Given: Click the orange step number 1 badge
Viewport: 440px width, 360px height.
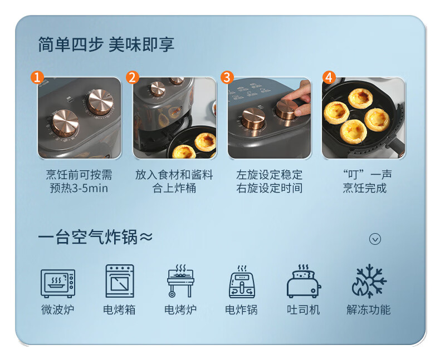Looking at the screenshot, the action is pyautogui.click(x=37, y=77).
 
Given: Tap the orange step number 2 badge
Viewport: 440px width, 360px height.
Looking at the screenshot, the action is pyautogui.click(x=133, y=77).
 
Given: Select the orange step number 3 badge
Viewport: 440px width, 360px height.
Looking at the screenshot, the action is pyautogui.click(x=227, y=77).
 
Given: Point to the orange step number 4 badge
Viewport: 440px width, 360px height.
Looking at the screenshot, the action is pyautogui.click(x=329, y=77).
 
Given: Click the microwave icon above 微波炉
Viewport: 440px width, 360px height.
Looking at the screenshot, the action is pyautogui.click(x=58, y=283).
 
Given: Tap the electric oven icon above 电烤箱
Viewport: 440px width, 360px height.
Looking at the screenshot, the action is pyautogui.click(x=120, y=281).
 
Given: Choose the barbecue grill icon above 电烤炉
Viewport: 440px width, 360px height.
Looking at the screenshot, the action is pyautogui.click(x=180, y=280).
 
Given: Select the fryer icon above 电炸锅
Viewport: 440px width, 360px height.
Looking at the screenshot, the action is pyautogui.click(x=242, y=282).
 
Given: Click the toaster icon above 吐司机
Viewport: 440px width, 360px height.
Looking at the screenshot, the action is pyautogui.click(x=304, y=281).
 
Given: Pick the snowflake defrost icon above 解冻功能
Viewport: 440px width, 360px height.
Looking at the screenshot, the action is pyautogui.click(x=369, y=281).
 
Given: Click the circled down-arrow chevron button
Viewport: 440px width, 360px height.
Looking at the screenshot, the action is pyautogui.click(x=375, y=239).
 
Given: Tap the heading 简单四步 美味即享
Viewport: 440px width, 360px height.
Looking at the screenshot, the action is pyautogui.click(x=106, y=45).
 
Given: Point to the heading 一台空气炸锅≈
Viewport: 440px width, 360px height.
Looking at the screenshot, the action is pyautogui.click(x=95, y=237).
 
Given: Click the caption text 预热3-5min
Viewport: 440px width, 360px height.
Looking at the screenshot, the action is pyautogui.click(x=79, y=188).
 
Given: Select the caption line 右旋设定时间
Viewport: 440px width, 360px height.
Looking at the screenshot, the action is pyautogui.click(x=270, y=188).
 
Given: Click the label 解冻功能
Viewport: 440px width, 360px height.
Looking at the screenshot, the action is pyautogui.click(x=369, y=310).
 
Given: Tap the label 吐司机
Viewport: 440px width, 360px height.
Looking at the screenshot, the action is pyautogui.click(x=304, y=310).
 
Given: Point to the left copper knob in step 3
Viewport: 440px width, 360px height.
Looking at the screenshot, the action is pyautogui.click(x=253, y=119).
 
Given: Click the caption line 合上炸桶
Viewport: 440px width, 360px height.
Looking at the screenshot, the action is pyautogui.click(x=174, y=188).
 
